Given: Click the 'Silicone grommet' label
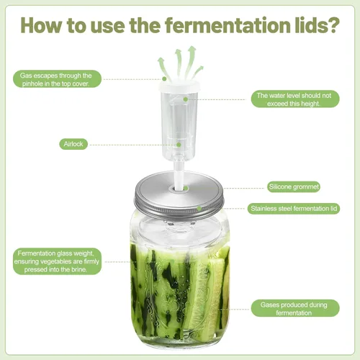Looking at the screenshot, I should pyautogui.click(x=293, y=186).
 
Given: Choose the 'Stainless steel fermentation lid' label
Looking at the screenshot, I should pyautogui.click(x=293, y=208).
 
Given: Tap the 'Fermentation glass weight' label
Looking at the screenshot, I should pyautogui.click(x=58, y=261).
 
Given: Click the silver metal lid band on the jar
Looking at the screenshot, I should pyautogui.click(x=180, y=205).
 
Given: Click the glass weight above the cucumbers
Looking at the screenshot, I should pyautogui.click(x=180, y=230).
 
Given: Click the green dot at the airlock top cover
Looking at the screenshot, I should pyautogui.click(x=164, y=79).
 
